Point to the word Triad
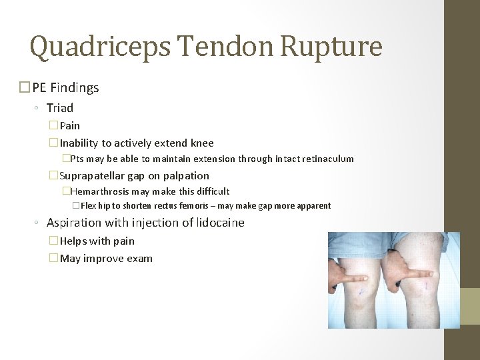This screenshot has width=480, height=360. (x=60, y=107)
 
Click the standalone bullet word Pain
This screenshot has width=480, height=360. (x=70, y=125)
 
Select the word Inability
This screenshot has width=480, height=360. (x=79, y=143)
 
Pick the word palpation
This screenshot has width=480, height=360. (x=188, y=176)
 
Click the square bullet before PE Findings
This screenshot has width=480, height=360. (x=25, y=87)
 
